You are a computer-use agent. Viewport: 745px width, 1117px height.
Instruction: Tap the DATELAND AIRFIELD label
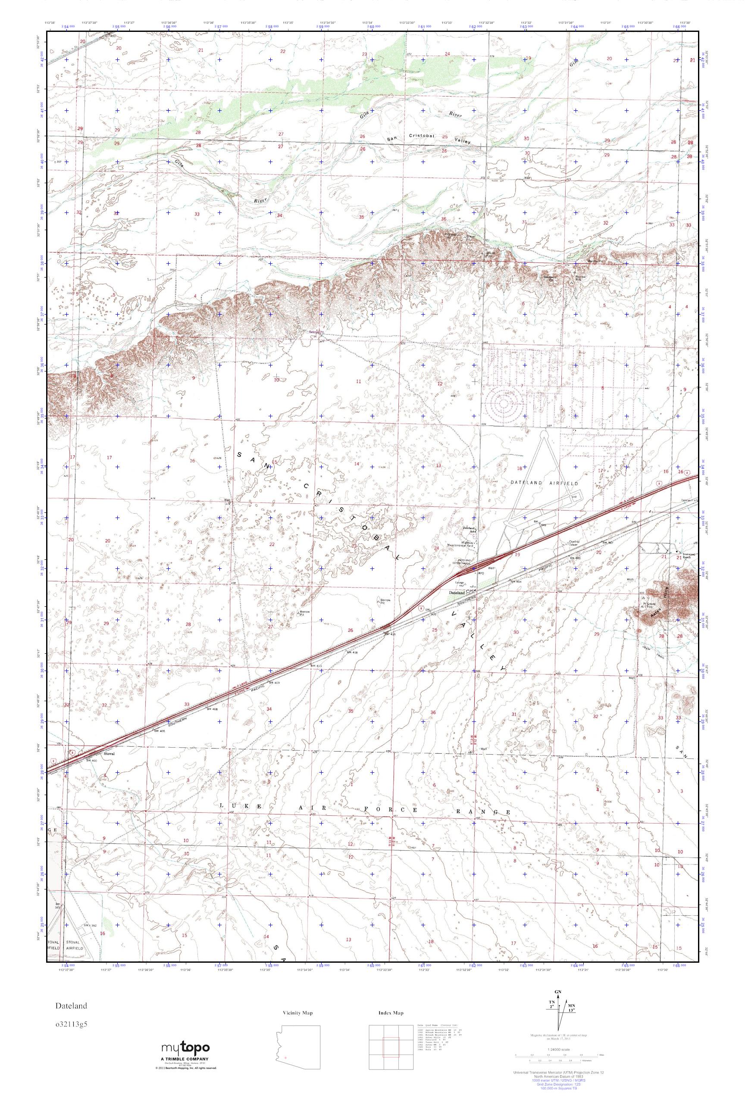click(x=544, y=483)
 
